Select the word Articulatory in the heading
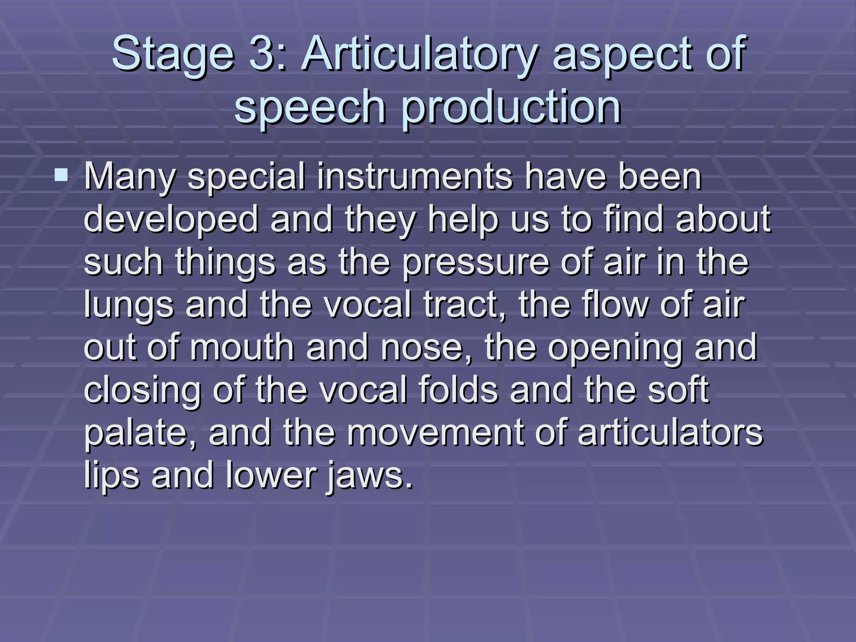(418, 54)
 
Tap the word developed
(171, 220)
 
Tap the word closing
(143, 390)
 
